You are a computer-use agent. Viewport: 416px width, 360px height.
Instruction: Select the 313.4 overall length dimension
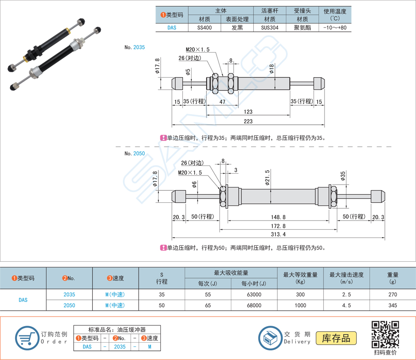[x=278, y=234]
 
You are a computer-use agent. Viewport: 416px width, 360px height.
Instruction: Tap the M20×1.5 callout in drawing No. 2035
[x=197, y=49]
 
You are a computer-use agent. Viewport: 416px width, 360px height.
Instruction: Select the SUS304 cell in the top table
[x=269, y=27]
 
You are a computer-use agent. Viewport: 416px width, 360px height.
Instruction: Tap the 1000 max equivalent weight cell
[x=300, y=305]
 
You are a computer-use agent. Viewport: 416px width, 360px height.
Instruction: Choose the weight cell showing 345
[x=393, y=305]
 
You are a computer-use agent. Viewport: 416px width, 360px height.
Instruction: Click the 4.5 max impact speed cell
[x=347, y=305]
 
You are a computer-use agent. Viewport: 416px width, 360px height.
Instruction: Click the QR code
[x=385, y=334]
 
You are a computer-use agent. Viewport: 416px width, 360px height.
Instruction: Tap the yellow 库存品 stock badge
[x=336, y=338]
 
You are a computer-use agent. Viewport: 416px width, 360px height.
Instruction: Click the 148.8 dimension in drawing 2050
[x=278, y=217]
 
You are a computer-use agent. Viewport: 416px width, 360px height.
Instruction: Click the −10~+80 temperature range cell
[x=335, y=27]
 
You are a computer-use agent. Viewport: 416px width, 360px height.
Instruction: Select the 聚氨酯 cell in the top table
[x=302, y=27]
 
